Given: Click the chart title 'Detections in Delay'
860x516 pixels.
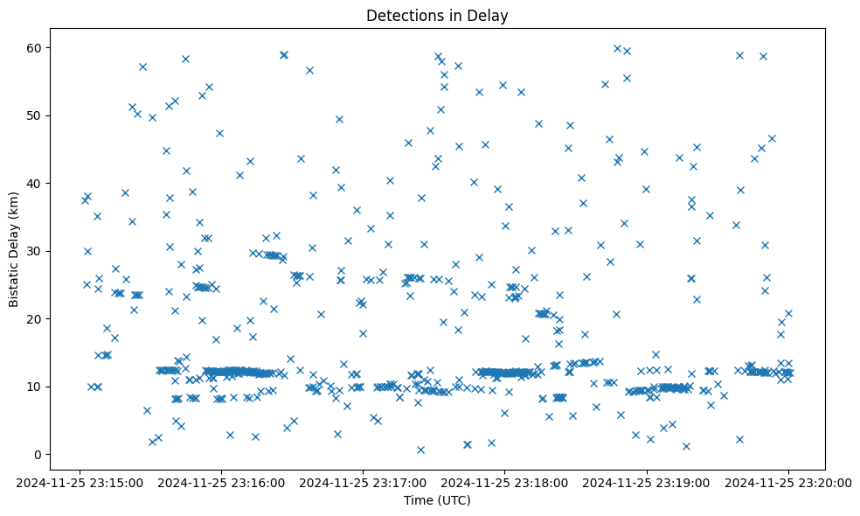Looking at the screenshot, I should tap(437, 16).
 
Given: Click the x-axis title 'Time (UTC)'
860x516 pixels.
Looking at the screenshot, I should tap(437, 500).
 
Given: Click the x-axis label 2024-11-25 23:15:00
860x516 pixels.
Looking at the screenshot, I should tap(80, 482).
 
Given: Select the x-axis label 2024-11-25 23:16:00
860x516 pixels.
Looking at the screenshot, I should tap(221, 482).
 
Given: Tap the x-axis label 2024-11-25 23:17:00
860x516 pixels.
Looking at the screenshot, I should tap(363, 482).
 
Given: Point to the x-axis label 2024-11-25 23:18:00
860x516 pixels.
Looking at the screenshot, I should tap(504, 482).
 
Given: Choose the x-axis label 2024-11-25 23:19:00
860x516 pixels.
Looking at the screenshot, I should tap(646, 482).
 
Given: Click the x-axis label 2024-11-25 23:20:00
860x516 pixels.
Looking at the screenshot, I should tap(787, 482).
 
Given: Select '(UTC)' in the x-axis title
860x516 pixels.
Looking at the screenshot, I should tap(454, 500).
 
